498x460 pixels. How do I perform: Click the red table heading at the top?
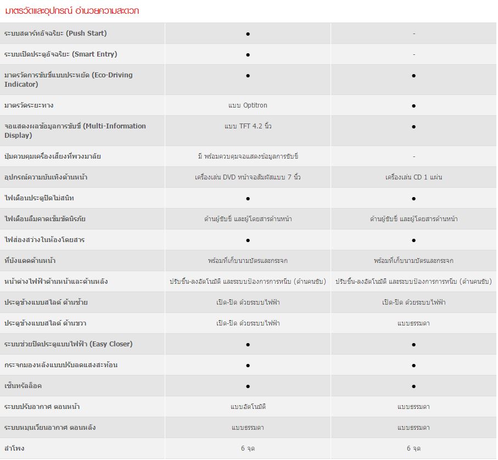(x=72, y=10)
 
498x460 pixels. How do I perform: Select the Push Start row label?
(x=55, y=33)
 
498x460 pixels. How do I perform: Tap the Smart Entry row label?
(x=60, y=54)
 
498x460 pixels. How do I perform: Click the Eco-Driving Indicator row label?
(x=68, y=80)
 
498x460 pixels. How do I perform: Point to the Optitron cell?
(x=248, y=105)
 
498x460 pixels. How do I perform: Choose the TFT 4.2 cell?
(x=248, y=126)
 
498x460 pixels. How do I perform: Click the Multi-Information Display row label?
(x=75, y=131)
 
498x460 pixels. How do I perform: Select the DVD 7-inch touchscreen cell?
(x=248, y=177)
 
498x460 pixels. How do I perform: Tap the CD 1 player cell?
(x=413, y=177)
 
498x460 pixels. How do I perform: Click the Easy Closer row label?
(x=68, y=344)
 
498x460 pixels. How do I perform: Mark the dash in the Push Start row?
(x=413, y=33)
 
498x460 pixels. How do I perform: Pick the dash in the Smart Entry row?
(x=413, y=54)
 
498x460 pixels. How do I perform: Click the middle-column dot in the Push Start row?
(x=248, y=33)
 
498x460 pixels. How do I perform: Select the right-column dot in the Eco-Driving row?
(x=413, y=75)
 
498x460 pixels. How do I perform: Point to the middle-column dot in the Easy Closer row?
(x=248, y=344)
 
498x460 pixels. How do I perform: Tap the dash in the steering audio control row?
(x=413, y=156)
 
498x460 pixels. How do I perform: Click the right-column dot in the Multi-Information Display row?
(x=413, y=126)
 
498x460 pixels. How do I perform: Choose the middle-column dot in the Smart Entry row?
(x=248, y=54)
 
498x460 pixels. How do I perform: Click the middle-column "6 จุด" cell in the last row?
(x=248, y=448)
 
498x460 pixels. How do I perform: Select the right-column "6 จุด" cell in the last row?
(x=413, y=448)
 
